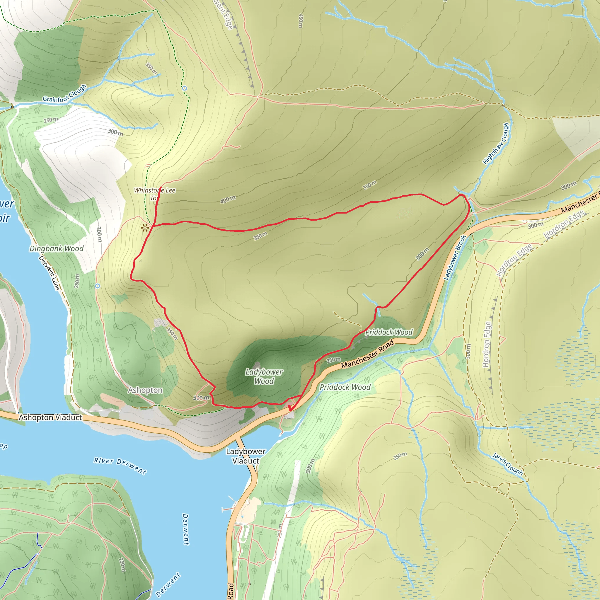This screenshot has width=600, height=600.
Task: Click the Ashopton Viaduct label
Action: click(x=50, y=417)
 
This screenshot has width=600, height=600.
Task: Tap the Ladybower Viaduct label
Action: click(x=246, y=456)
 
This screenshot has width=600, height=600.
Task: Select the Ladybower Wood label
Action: click(x=264, y=376)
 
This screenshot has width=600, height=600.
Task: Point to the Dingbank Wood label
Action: click(x=57, y=248)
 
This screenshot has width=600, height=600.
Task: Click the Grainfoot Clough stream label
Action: click(x=64, y=93)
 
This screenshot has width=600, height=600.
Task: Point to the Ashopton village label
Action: click(x=145, y=390)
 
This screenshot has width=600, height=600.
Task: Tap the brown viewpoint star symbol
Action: click(x=144, y=228)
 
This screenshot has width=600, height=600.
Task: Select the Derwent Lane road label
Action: click(x=49, y=273)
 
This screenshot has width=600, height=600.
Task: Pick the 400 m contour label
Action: click(x=228, y=200)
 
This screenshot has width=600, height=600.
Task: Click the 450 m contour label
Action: click(x=300, y=21)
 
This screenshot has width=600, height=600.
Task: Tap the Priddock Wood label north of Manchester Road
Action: click(x=389, y=332)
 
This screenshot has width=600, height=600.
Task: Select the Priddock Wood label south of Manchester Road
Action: click(x=345, y=387)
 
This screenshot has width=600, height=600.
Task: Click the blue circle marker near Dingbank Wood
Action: click(x=98, y=286)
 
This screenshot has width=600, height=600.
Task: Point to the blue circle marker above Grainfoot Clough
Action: click(x=185, y=88)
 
